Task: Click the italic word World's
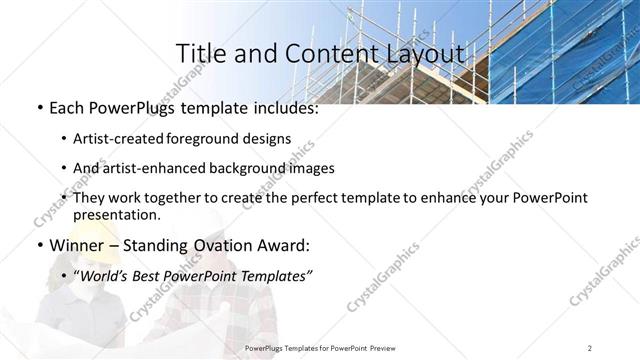[105, 276]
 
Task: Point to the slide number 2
[590, 348]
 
